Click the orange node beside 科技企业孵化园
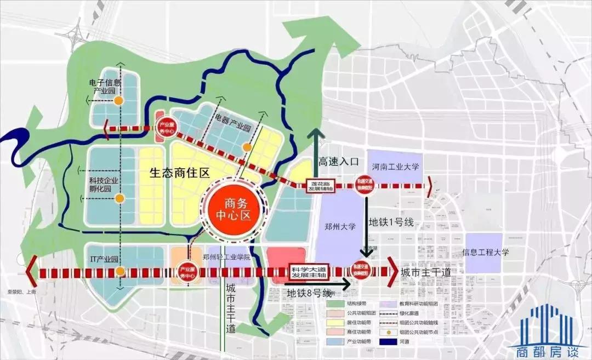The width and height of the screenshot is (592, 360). point(119,198)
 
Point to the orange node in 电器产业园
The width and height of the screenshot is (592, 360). point(247,147)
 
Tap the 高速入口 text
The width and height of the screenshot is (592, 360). point(338,161)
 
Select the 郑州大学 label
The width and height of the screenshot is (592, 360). point(341,226)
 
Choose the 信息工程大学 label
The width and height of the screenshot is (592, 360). point(486,253)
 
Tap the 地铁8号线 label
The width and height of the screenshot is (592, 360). point(310,293)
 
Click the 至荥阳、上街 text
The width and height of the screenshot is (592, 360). point(20,292)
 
